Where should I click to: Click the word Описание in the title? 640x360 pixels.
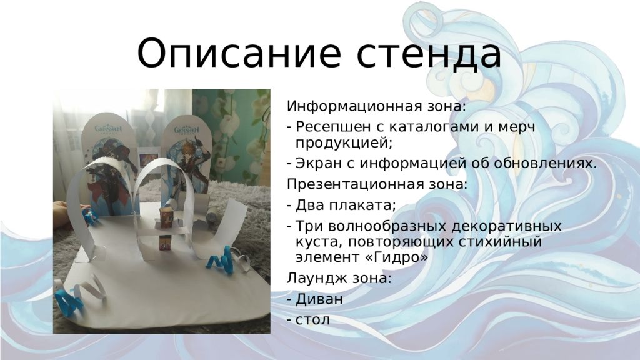[x=239, y=54]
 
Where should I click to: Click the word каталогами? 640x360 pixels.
[x=434, y=127]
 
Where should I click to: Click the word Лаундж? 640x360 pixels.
[x=311, y=279]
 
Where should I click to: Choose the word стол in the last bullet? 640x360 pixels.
[x=312, y=320]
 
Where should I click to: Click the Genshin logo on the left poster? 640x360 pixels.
[x=108, y=129]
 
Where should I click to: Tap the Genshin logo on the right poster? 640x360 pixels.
[x=187, y=129]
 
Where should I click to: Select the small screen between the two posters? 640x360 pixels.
[x=148, y=159]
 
